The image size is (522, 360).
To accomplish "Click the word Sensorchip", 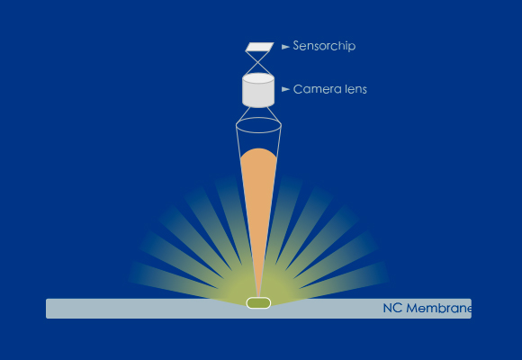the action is [x=324, y=46].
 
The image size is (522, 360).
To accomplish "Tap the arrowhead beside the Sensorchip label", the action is [x=285, y=47].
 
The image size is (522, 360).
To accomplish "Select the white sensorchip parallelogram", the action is [x=260, y=47].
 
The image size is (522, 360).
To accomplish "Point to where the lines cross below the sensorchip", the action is [x=258, y=62].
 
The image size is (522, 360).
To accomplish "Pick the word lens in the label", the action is [x=355, y=89].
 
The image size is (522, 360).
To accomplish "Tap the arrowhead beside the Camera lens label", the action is [x=285, y=89].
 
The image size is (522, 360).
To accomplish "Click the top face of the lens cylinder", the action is [x=258, y=78].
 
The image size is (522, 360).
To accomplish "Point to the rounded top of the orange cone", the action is [x=258, y=149].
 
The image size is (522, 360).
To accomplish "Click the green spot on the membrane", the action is [x=258, y=303].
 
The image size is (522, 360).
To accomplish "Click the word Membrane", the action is [x=438, y=308].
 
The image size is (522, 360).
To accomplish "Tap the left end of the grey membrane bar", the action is [x=47, y=309].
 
